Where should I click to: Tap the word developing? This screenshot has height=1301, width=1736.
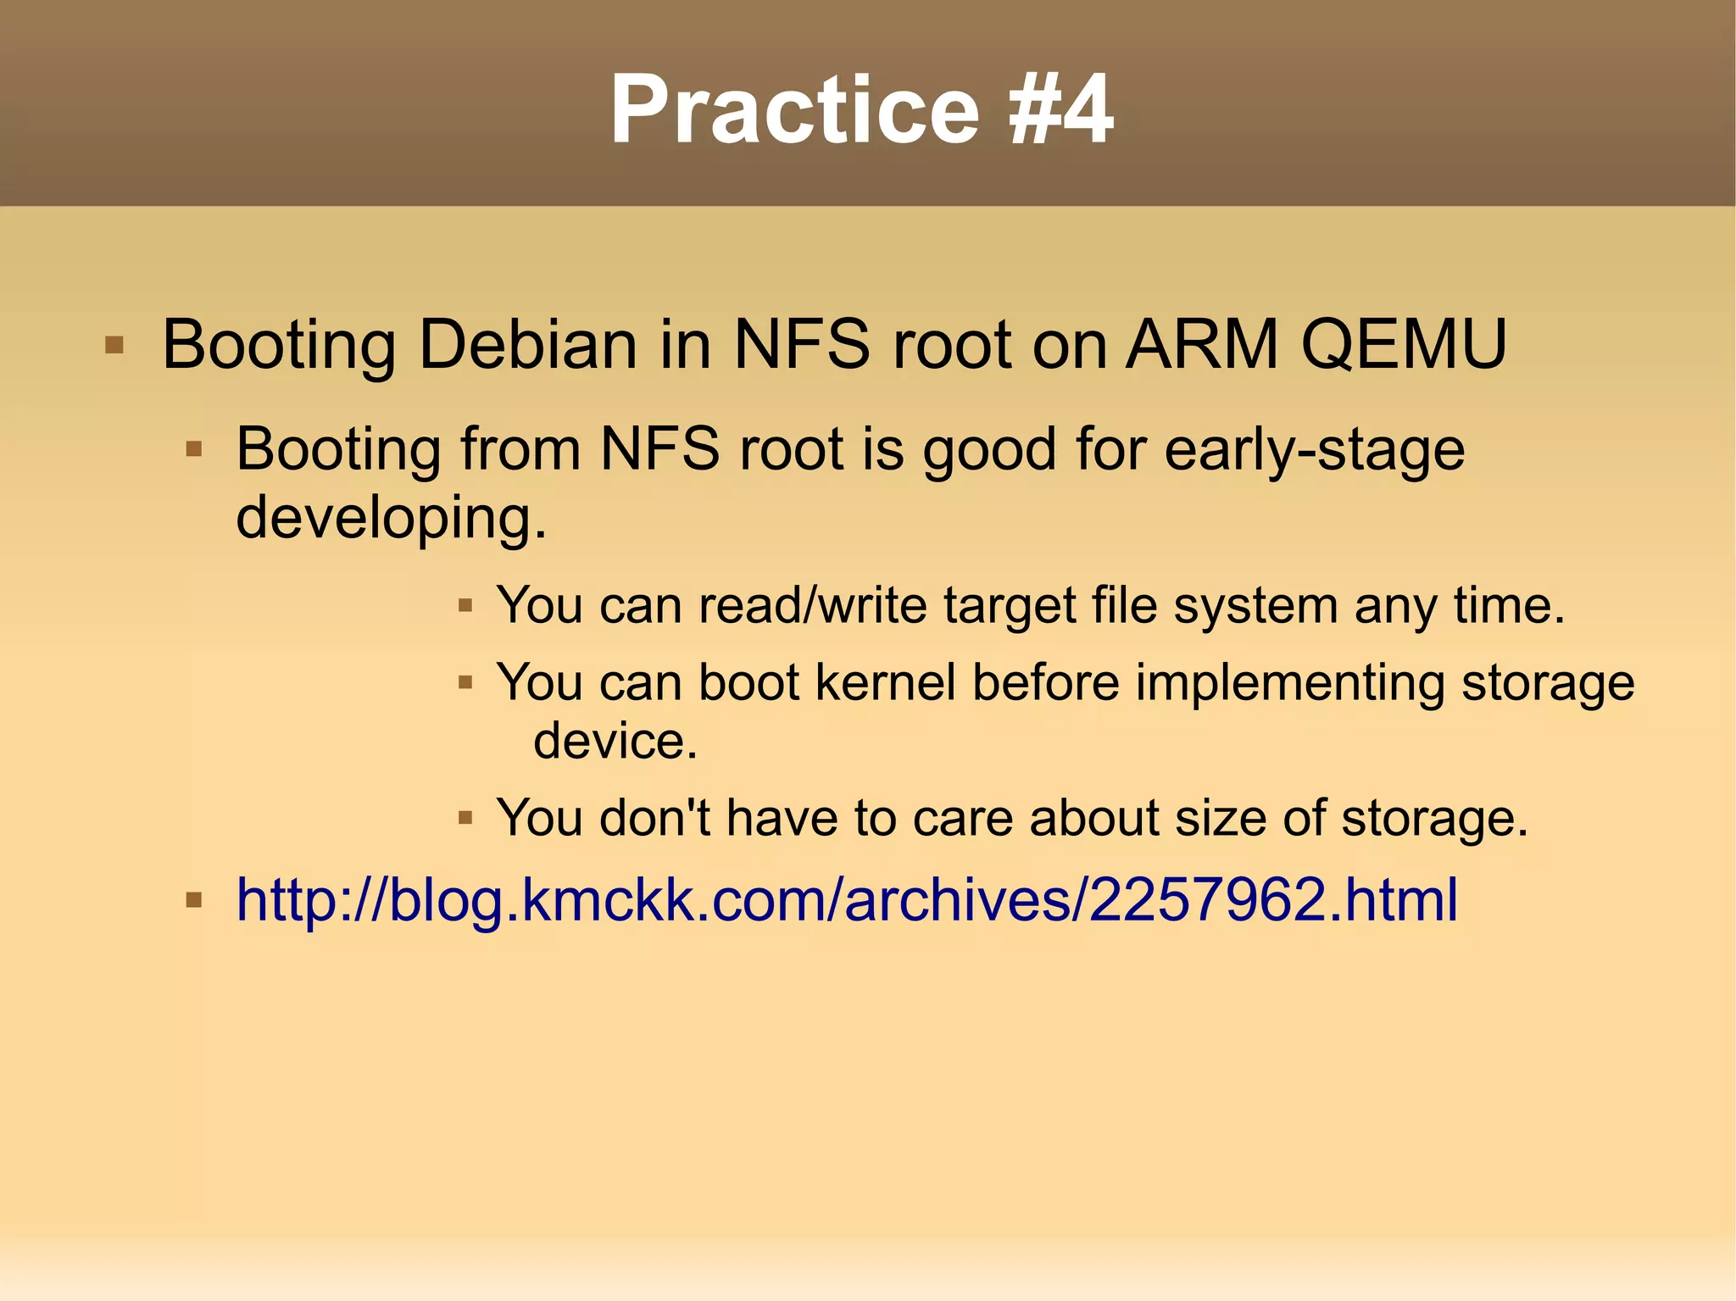391,517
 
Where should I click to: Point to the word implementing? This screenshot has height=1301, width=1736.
1289,683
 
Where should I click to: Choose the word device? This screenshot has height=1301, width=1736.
615,740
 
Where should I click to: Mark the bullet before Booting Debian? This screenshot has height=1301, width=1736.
114,346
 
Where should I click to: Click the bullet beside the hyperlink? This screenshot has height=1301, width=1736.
194,899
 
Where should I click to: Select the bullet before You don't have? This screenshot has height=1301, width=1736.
465,819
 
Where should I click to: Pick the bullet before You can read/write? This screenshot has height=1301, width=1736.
465,606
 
